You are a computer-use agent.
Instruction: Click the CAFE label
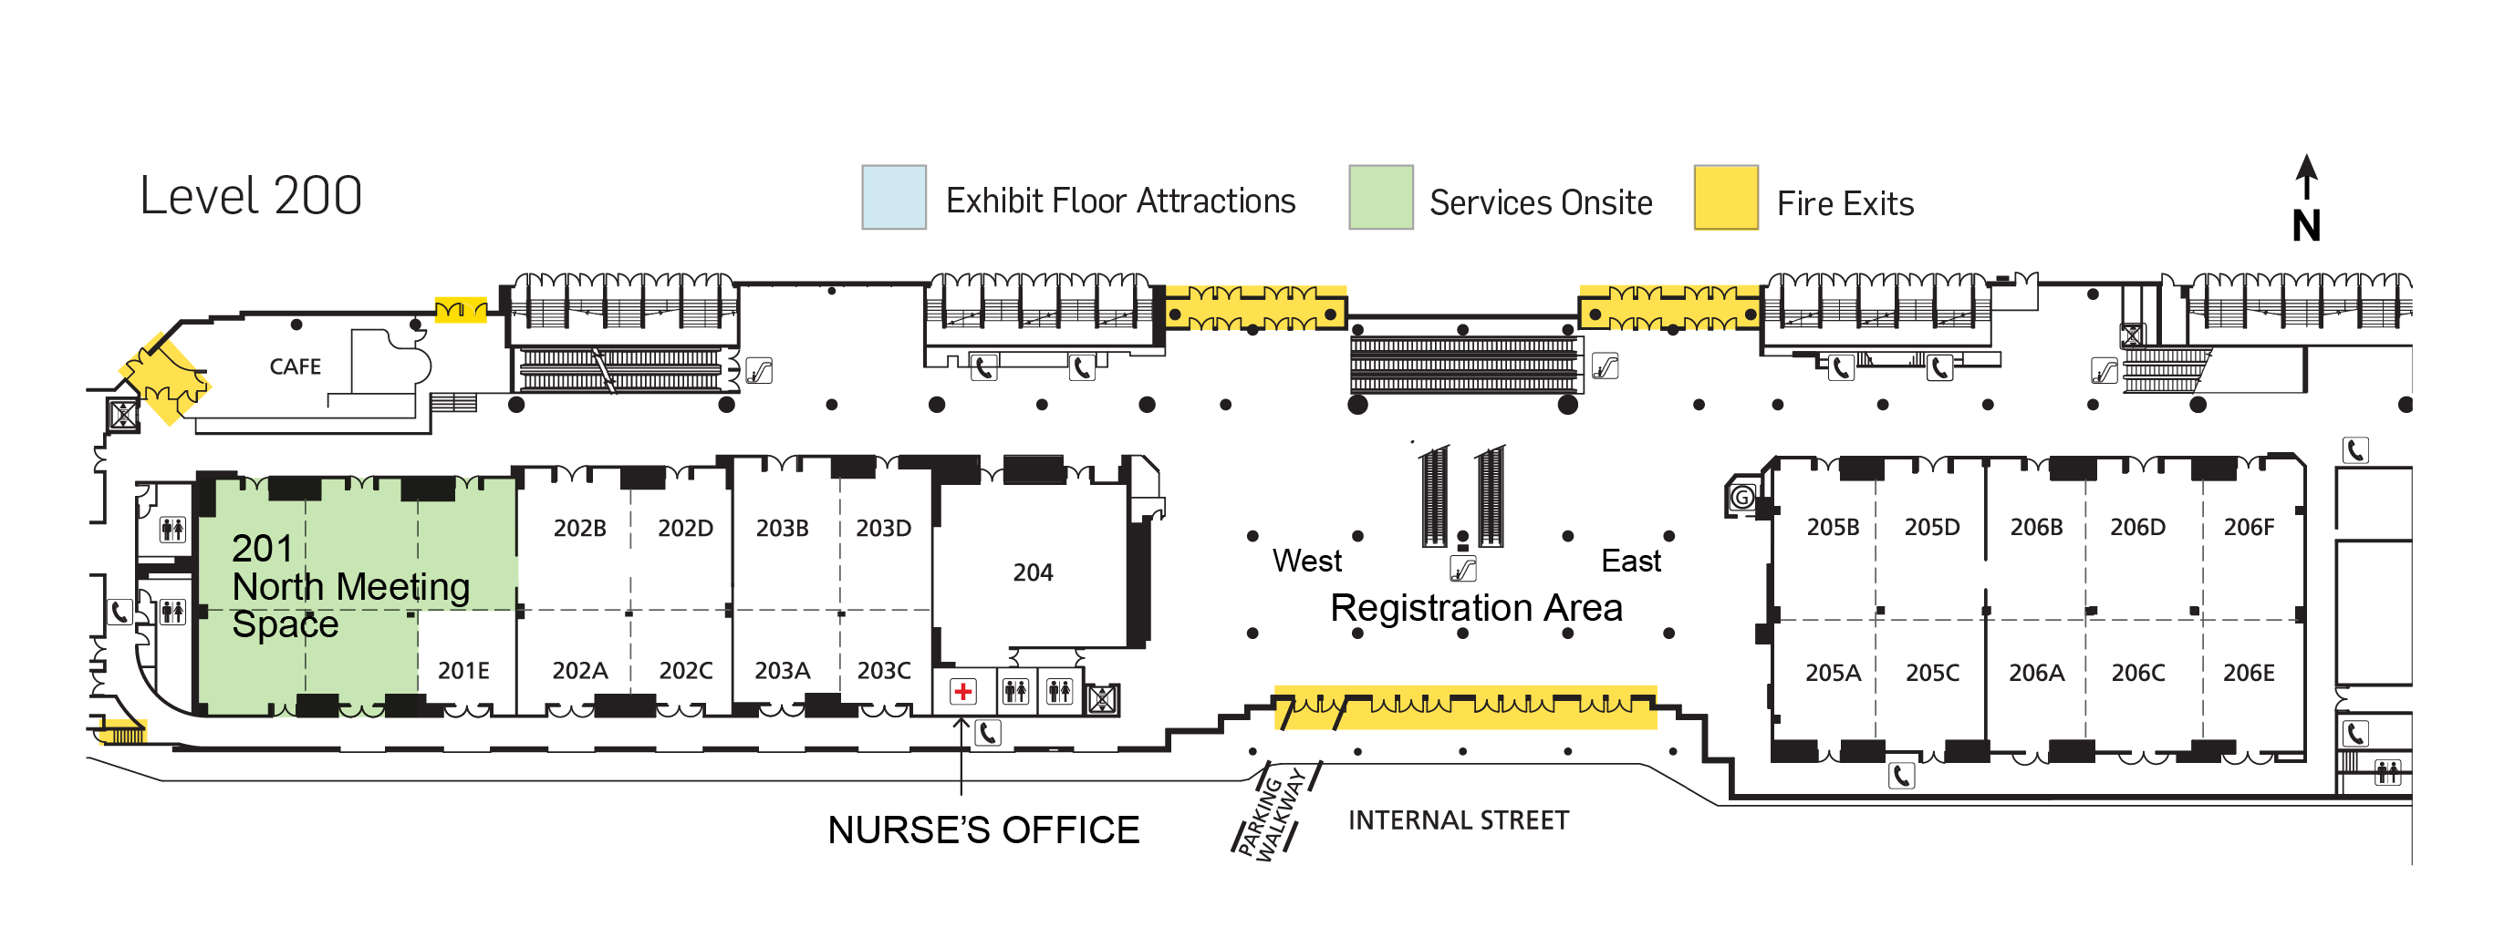pos(295,367)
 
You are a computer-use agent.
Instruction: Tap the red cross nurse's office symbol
pos(962,692)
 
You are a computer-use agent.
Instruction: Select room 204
pos(1032,573)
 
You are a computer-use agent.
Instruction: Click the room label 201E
pos(462,671)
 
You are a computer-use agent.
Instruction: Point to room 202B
pos(579,528)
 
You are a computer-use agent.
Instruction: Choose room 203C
pos(884,671)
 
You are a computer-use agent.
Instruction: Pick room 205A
pos(1833,673)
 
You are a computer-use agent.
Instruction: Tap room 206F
pos(2249,527)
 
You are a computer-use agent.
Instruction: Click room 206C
pos(2138,673)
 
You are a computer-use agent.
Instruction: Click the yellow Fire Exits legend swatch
pos(1725,198)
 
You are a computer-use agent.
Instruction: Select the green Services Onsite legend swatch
pos(1380,198)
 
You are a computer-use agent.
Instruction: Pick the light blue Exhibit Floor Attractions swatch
pos(893,198)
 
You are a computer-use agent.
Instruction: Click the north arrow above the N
pos(2306,176)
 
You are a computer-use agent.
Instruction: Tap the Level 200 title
pos(251,195)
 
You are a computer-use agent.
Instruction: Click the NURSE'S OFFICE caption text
pos(983,830)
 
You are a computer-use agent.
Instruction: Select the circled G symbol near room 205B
pos(1741,498)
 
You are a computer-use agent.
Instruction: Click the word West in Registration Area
pos(1307,562)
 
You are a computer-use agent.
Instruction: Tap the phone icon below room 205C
pos(1901,776)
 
